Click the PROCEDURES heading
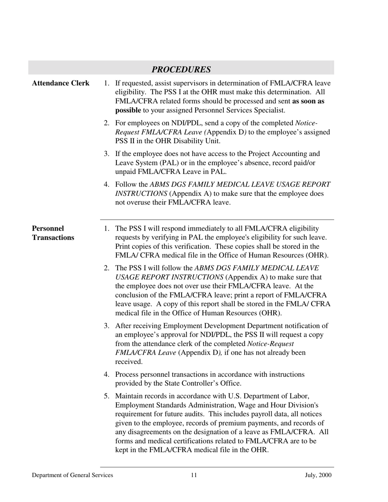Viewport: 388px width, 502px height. click(181, 69)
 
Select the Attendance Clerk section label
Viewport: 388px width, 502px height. click(60, 83)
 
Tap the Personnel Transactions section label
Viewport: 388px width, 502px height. click(53, 233)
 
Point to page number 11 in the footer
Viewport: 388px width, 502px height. click(194, 475)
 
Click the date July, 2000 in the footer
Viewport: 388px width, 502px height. click(318, 475)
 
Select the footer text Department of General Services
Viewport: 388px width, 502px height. click(72, 475)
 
